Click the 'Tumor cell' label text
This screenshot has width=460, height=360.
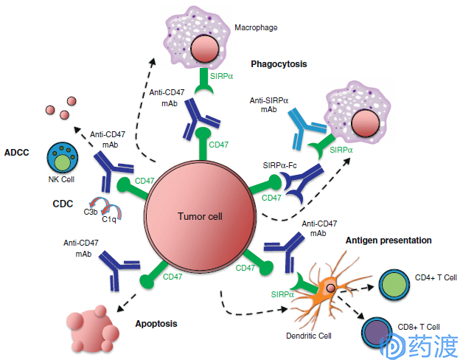tap(200, 216)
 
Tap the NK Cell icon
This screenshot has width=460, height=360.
tap(62, 158)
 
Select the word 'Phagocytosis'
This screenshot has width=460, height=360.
tap(279, 64)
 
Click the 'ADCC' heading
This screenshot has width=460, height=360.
tap(17, 153)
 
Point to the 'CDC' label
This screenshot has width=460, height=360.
tap(63, 204)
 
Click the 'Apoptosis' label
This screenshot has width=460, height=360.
tap(156, 324)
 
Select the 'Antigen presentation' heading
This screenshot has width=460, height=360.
tap(388, 240)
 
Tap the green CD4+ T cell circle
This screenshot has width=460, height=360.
tap(394, 284)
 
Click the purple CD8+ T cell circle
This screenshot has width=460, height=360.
tap(377, 333)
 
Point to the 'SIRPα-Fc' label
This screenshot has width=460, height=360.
tap(279, 165)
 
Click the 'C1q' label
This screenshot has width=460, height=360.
tap(109, 219)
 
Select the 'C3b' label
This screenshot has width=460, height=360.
tap(91, 212)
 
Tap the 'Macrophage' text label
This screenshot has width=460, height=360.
tap(256, 27)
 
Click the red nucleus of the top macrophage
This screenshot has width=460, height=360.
tap(205, 49)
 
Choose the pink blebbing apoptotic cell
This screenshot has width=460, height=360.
tap(93, 329)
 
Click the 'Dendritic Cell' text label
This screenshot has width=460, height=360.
tap(309, 336)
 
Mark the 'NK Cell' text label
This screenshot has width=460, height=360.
tap(61, 179)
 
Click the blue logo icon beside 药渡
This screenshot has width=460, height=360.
tap(392, 347)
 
